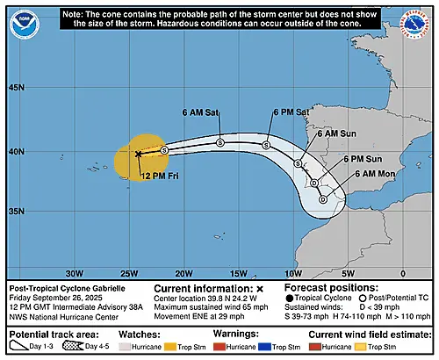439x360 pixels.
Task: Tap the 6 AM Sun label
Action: pos(335,133)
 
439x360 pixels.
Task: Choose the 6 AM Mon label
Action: pos(377,174)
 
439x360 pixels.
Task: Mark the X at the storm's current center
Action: pos(139,154)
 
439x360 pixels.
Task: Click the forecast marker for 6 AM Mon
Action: pos(323,199)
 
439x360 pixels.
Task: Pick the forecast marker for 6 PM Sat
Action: pos(268,142)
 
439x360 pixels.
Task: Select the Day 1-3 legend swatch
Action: pos(18,345)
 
